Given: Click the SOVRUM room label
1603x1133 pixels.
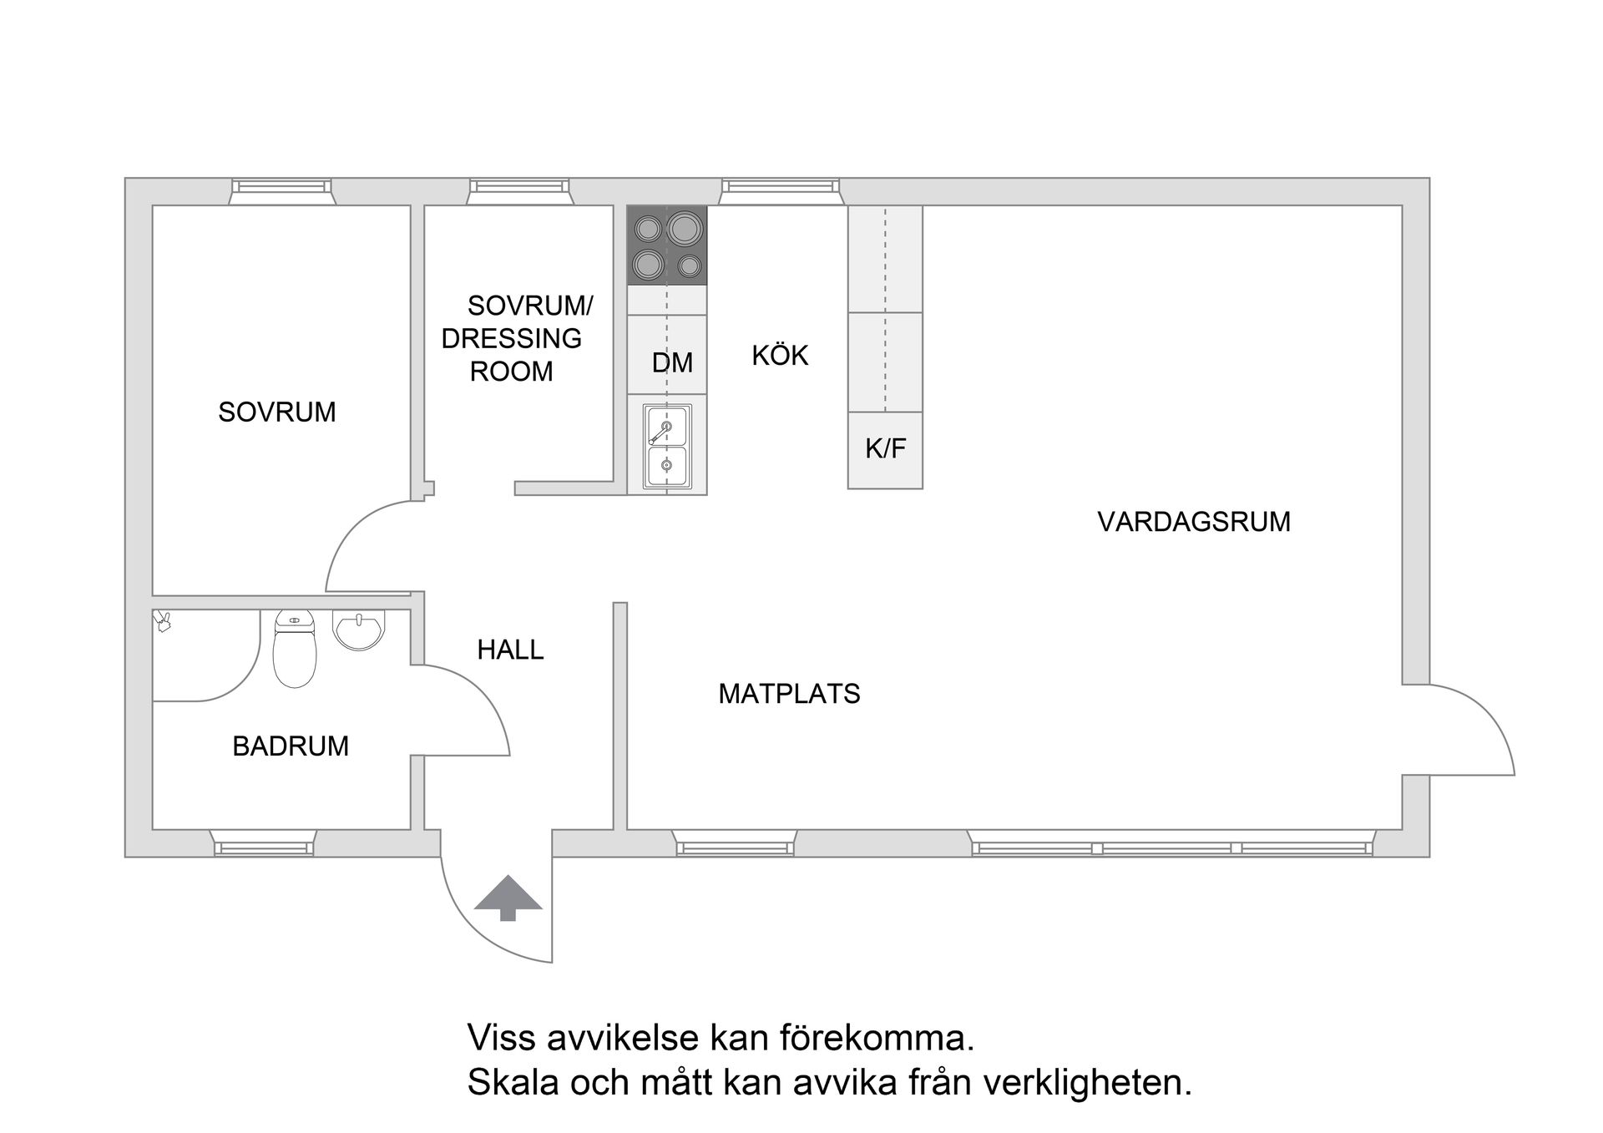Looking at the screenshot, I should (276, 412).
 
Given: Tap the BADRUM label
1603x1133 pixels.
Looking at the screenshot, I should (290, 746).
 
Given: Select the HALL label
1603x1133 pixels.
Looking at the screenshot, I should (510, 649).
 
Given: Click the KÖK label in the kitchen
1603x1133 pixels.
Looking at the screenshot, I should (780, 356).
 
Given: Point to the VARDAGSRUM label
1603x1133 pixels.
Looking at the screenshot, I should (1193, 521).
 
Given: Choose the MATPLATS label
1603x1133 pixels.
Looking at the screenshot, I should (789, 693).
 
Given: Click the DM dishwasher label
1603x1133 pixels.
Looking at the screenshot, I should (672, 362).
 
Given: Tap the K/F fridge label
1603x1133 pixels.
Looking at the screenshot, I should (885, 449).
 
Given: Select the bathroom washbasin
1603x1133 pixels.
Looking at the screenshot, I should (359, 628).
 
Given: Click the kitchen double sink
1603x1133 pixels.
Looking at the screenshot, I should (667, 447).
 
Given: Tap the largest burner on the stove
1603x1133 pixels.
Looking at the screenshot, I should (685, 228).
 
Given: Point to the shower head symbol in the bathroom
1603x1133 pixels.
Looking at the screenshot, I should (163, 620).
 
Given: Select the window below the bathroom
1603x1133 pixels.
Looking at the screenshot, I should (263, 845).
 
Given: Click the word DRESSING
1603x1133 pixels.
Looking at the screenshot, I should (511, 338).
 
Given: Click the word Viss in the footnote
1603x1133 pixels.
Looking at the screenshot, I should (499, 1039).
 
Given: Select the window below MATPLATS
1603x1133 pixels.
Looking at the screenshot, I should (735, 845).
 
